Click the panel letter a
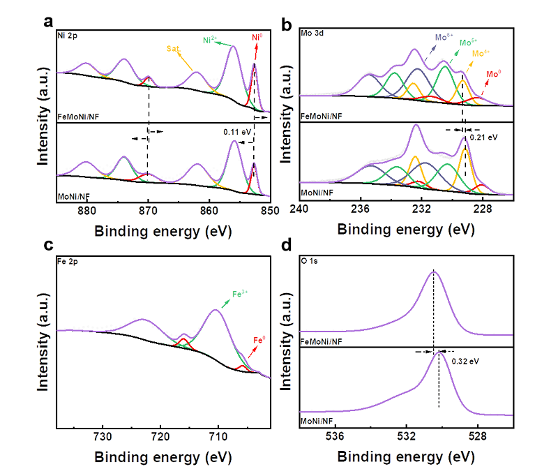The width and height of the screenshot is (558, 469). click(x=48, y=21)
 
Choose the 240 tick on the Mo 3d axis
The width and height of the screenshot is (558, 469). click(x=299, y=209)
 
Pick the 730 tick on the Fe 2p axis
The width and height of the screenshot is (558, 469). click(x=103, y=437)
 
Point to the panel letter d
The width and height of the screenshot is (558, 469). click(x=286, y=246)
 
